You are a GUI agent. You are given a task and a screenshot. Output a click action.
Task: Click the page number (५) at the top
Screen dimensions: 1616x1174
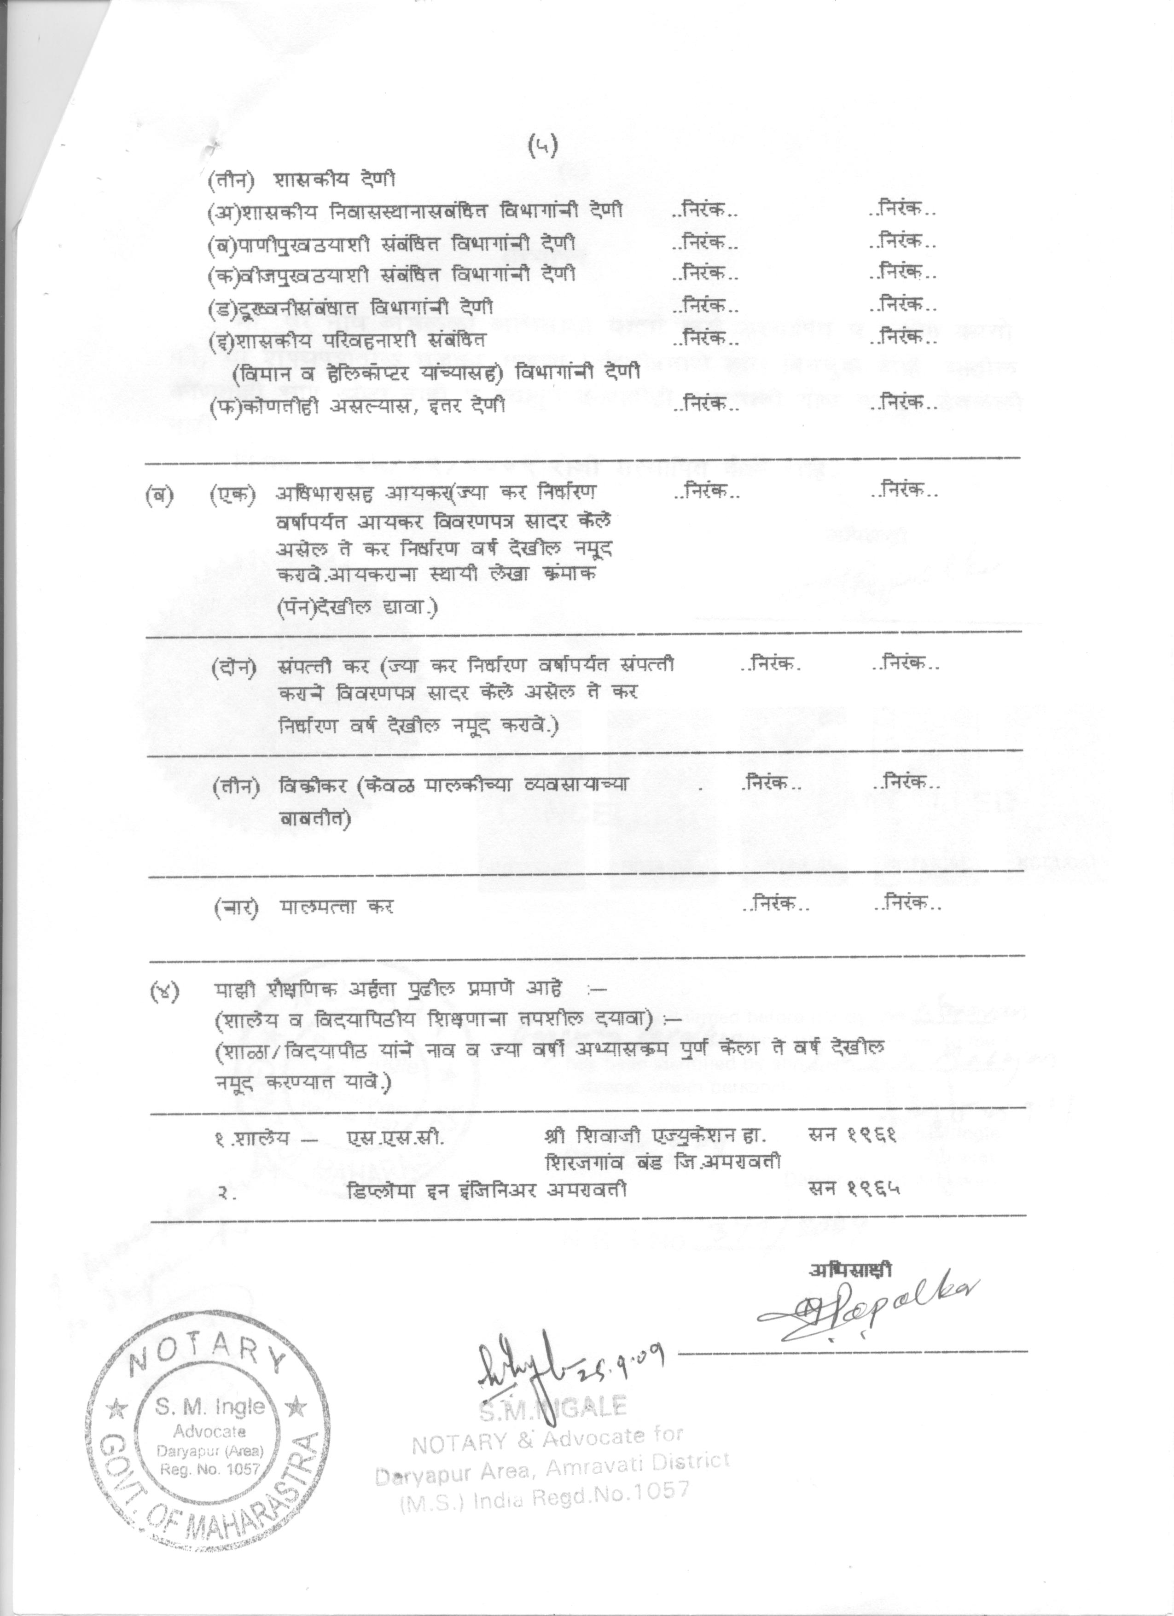544,145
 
